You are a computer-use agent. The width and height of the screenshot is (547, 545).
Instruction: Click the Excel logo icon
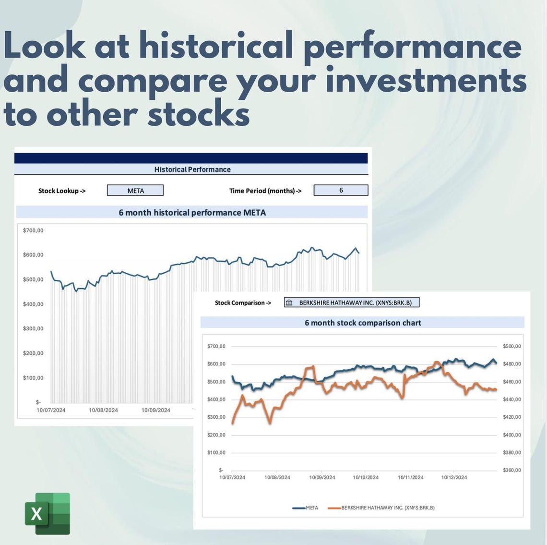(48, 513)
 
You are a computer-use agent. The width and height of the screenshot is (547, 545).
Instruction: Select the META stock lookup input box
(135, 191)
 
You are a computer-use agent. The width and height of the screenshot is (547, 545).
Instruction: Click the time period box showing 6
(341, 190)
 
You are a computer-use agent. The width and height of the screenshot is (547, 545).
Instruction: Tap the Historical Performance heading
(192, 170)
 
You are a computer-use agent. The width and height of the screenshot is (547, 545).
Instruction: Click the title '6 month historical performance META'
(192, 212)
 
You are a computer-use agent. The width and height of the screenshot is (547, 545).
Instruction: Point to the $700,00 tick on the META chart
(33, 230)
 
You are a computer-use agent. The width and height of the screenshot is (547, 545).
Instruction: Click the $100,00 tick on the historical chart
(33, 378)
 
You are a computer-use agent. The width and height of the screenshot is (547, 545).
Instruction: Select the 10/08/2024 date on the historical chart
(103, 410)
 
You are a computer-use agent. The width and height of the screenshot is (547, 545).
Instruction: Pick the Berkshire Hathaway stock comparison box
(352, 303)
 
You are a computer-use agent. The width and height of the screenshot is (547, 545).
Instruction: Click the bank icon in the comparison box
(289, 303)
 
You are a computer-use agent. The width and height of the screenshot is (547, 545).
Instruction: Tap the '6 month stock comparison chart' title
(363, 323)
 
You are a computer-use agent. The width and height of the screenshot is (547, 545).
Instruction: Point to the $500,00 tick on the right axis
(511, 346)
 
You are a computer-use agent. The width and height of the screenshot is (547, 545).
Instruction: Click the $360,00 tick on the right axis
(511, 470)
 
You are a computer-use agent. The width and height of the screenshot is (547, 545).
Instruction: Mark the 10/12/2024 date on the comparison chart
(454, 477)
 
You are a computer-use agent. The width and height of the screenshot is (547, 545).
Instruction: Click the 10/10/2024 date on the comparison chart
(366, 477)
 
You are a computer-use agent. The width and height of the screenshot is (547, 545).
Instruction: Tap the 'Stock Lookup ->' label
(62, 191)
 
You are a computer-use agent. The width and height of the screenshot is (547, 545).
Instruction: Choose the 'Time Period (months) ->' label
(265, 191)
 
